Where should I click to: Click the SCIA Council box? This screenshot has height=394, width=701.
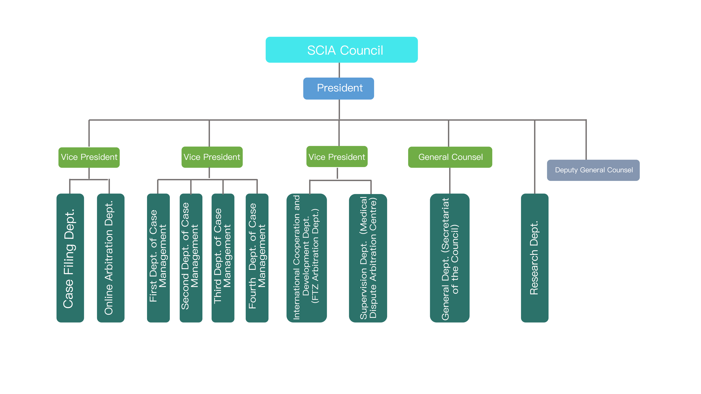[x=342, y=50]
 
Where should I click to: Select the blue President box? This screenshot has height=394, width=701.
[x=339, y=88]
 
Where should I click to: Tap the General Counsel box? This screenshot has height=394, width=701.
[x=450, y=157]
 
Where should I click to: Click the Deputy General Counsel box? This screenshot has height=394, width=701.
[x=593, y=170]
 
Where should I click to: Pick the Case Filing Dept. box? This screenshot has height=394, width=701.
[x=70, y=258]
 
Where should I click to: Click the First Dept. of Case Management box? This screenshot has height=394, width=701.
[x=158, y=258]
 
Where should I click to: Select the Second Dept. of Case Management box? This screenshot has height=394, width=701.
[x=191, y=258]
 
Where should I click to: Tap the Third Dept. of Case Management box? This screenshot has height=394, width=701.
[x=223, y=258]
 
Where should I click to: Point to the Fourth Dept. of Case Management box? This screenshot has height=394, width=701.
[x=257, y=258]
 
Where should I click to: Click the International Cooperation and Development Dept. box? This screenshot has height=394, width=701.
[x=307, y=258]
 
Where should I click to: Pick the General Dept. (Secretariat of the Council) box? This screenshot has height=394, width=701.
[x=450, y=258]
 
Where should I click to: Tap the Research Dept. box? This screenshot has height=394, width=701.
[x=535, y=258]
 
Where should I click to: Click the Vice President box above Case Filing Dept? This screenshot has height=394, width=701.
[x=89, y=157]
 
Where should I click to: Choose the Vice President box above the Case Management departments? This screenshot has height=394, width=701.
[x=212, y=157]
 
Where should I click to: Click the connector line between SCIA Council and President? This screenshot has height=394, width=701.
[x=339, y=70]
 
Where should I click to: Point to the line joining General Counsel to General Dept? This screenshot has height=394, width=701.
[x=450, y=181]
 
